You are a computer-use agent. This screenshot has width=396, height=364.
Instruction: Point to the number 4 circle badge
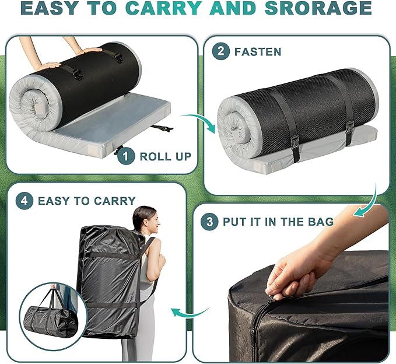(x=23, y=201)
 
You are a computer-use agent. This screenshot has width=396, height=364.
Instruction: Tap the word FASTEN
(x=258, y=51)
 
